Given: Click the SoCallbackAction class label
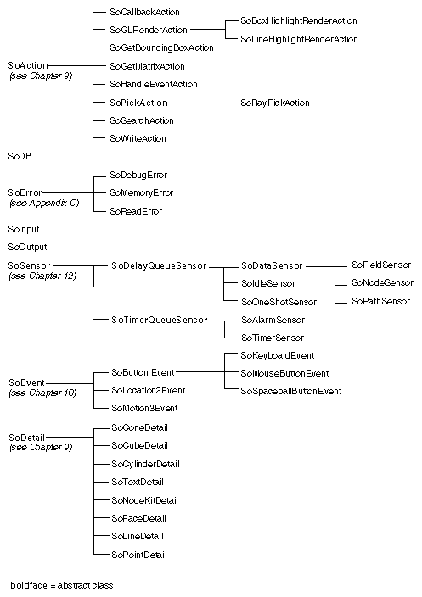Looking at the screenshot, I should [x=144, y=13].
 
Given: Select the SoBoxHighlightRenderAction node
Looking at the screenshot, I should [x=299, y=20].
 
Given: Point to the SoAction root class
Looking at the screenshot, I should [x=27, y=65].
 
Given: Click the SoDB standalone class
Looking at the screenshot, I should [x=20, y=157].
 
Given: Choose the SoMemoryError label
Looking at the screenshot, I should [x=141, y=192].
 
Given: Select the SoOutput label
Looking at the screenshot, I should [x=25, y=247].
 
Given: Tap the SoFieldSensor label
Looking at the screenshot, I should [x=380, y=265].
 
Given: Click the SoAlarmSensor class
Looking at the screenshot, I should [x=273, y=320].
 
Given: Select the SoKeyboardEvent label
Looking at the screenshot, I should [x=278, y=355].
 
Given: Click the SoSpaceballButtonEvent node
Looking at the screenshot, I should [x=290, y=391].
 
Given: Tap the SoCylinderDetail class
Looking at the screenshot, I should [x=145, y=464].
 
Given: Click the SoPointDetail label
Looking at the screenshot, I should [x=139, y=554].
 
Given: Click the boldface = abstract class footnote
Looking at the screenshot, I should [x=61, y=585].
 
